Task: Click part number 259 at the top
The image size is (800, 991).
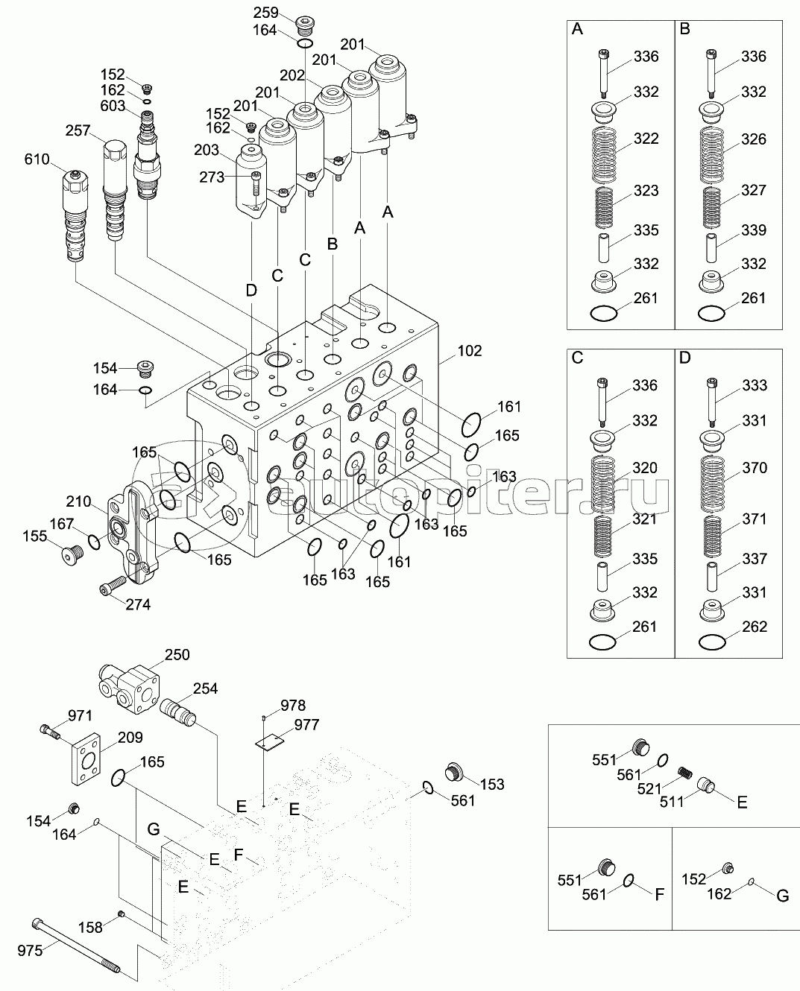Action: pos(265,13)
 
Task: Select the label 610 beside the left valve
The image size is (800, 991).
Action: pos(37,159)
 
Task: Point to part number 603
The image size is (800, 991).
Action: pos(113,107)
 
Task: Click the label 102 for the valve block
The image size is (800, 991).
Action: pos(470,350)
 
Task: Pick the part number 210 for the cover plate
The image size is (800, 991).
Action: pos(78,501)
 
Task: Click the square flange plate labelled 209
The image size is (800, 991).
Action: pos(87,761)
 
